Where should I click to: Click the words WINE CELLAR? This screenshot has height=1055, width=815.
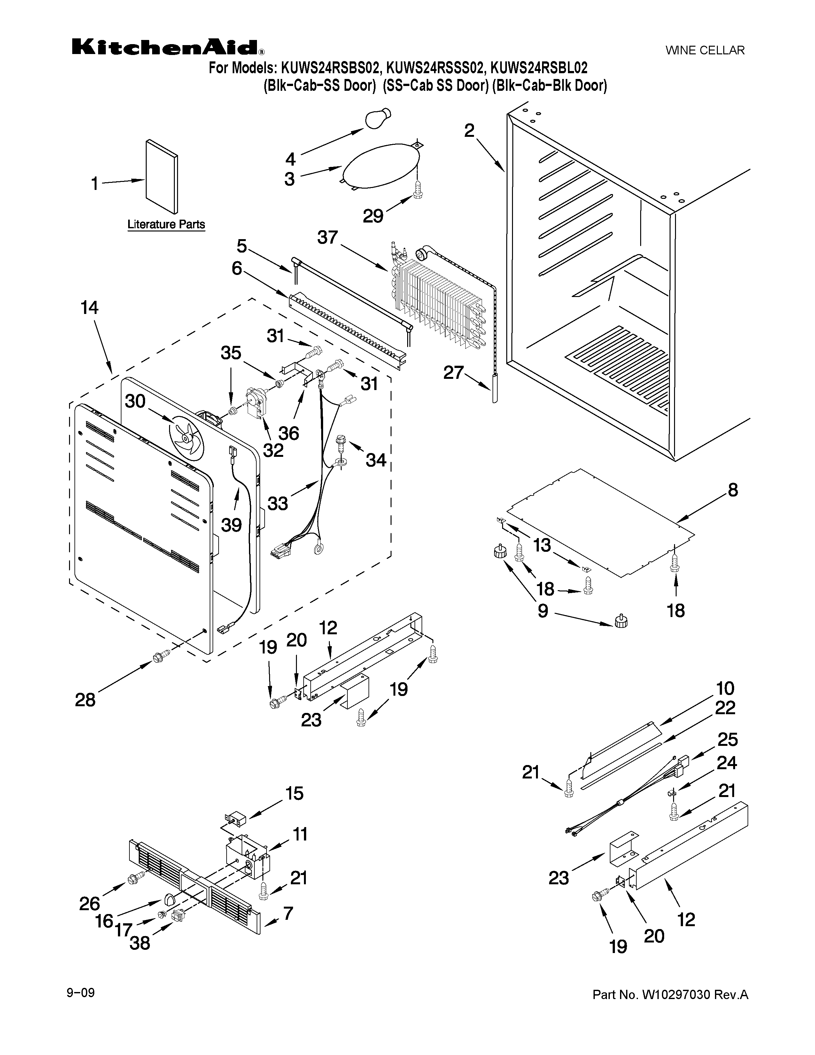click(705, 50)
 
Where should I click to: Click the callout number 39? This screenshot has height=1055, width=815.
click(231, 525)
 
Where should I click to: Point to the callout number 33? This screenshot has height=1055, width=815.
click(278, 503)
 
